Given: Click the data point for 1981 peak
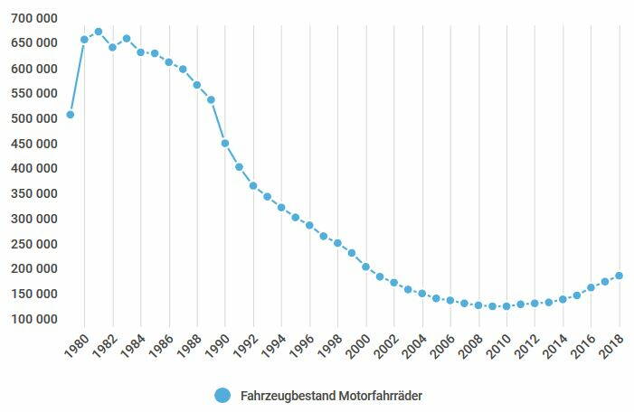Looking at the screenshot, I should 99,32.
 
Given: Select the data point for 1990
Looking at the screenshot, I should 225,144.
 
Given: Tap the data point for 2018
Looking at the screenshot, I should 620,276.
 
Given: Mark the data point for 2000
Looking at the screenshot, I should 366,267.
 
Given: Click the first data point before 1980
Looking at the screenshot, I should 71,115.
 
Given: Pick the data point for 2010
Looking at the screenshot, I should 506,306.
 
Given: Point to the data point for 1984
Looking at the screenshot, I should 140,52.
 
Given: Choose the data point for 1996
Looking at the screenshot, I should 309,226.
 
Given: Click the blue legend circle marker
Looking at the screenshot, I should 222,396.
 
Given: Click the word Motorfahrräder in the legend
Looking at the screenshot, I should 381,396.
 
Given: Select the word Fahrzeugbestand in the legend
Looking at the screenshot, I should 286,396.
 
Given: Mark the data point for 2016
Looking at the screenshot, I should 591,287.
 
